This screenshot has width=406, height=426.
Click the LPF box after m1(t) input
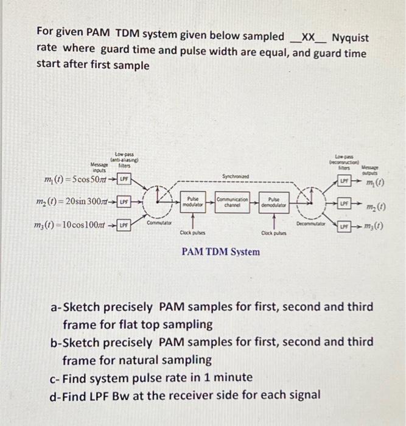[125, 180]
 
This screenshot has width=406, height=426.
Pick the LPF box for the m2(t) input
[124, 201]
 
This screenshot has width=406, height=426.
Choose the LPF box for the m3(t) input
[124, 225]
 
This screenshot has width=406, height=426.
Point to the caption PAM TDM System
[220, 251]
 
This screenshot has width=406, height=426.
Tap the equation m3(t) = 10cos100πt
[71, 225]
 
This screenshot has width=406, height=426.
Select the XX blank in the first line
[309, 37]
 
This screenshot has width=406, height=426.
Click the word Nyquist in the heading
[350, 37]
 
